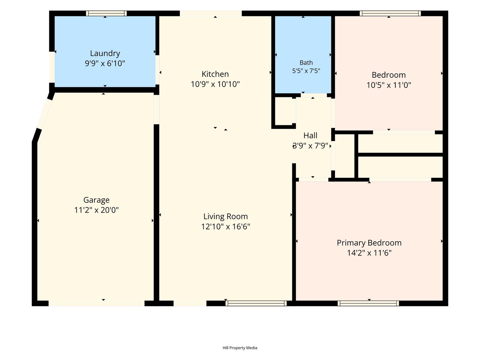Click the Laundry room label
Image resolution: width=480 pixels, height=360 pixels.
coord(105,53)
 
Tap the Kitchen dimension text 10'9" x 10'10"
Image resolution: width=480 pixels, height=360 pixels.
coord(215,84)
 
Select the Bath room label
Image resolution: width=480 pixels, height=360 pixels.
coord(306,63)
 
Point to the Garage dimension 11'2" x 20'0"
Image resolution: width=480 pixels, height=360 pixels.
coord(96,210)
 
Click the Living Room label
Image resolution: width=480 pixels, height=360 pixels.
coord(225,216)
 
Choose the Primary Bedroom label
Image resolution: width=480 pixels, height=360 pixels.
coord(369,243)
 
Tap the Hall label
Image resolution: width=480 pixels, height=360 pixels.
coord(310,136)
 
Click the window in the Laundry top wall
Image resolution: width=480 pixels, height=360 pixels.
coord(106,13)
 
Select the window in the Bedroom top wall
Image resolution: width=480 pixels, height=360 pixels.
coord(390,13)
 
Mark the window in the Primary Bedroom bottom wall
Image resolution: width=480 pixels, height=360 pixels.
coord(368,303)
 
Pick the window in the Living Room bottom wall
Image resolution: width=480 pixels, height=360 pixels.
coord(256,303)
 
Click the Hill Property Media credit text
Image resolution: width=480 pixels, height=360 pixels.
coord(240,348)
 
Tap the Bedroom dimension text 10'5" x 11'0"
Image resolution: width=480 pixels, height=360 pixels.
coord(389,85)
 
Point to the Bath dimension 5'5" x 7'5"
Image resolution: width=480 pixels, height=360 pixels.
coord(306,71)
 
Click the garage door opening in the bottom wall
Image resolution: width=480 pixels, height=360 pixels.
coord(96,303)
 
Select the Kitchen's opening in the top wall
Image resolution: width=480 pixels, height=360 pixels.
coord(211,13)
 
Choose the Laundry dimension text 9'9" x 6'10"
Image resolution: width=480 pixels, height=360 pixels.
coord(105,63)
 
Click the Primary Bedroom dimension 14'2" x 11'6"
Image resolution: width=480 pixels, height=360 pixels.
coord(369,253)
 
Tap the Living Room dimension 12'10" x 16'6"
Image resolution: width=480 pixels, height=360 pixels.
coord(225,226)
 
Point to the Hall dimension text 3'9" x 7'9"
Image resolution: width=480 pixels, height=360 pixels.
coord(310,146)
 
